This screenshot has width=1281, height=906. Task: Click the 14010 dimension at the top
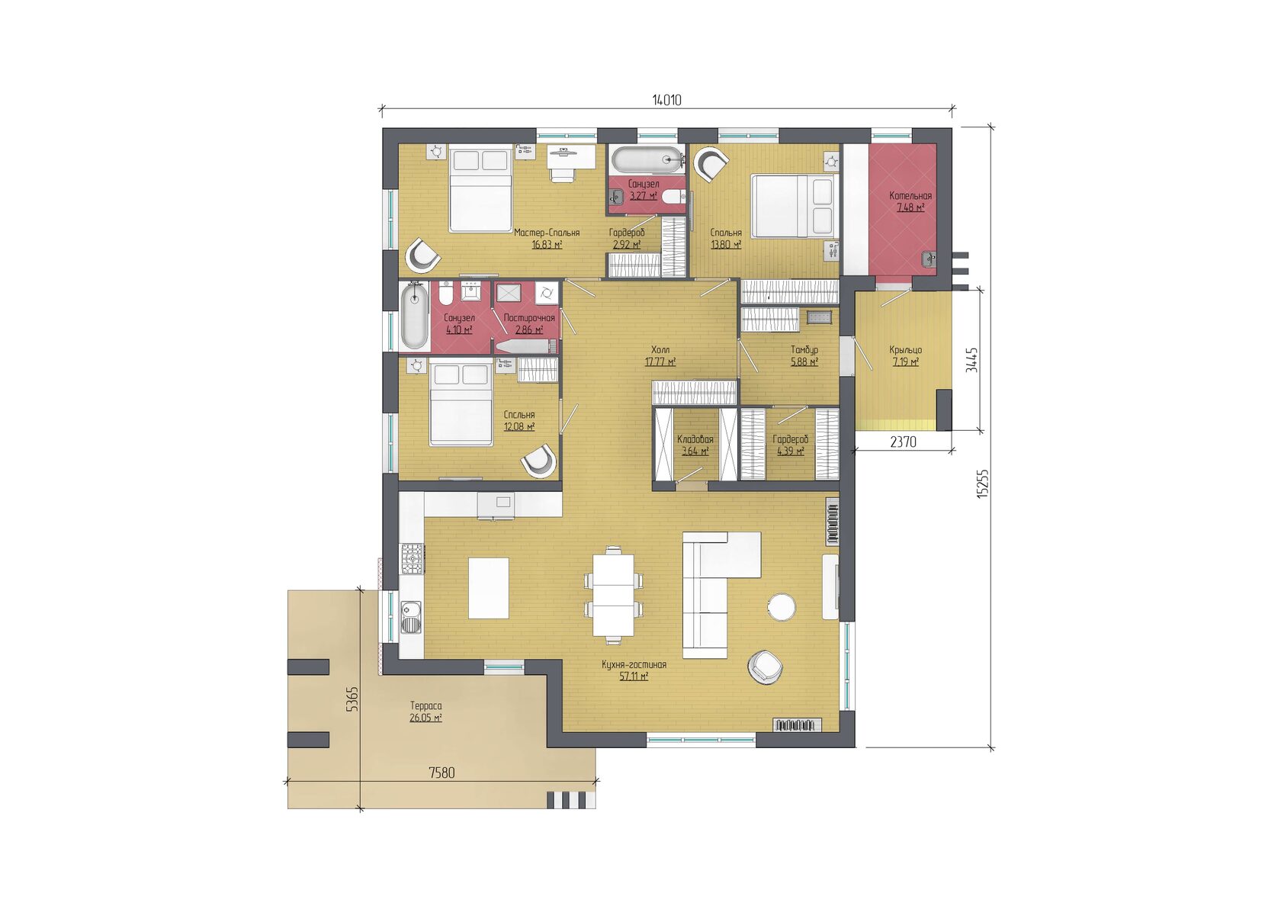[666, 100]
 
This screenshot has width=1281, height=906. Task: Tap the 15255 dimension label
[982, 484]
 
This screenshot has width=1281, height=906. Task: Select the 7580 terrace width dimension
[442, 773]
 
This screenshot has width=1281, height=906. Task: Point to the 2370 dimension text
[904, 442]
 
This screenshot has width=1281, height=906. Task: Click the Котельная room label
[910, 195]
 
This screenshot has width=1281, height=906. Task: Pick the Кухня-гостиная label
[634, 665]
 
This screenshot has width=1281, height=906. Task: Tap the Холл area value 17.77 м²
[660, 361]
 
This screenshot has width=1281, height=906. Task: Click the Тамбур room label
[804, 349]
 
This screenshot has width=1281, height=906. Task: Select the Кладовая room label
[695, 439]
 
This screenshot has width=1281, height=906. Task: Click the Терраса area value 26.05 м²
[425, 717]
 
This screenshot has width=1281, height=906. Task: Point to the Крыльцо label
[905, 349]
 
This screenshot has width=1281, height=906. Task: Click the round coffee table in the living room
[781, 607]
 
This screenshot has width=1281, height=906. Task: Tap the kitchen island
[488, 588]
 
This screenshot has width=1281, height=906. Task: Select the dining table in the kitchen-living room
[613, 595]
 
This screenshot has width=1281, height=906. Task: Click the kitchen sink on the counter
[410, 616]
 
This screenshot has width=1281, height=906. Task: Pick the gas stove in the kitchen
[413, 559]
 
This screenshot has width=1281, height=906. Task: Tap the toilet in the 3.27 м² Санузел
[674, 197]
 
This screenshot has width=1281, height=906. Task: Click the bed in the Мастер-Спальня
[480, 191]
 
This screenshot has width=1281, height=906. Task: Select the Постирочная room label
[529, 317]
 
